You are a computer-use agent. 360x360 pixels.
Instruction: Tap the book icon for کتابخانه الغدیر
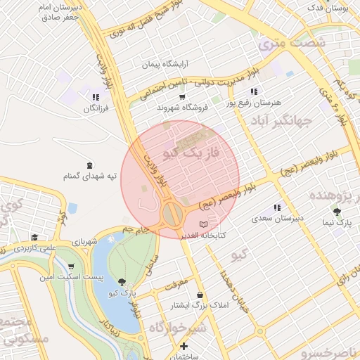click(204, 224)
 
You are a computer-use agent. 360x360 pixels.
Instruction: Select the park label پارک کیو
click(124, 290)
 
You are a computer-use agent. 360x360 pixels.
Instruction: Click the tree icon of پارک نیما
click(338, 210)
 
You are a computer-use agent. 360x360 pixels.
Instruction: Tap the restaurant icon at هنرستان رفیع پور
click(254, 91)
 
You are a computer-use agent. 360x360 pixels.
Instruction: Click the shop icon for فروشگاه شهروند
click(183, 97)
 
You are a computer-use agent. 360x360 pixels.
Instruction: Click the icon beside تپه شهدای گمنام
click(88, 165)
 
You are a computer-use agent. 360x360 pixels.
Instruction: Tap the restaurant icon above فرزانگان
click(95, 97)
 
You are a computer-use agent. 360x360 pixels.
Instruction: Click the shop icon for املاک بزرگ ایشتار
click(202, 295)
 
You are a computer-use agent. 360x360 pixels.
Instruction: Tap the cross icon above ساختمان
click(184, 346)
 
